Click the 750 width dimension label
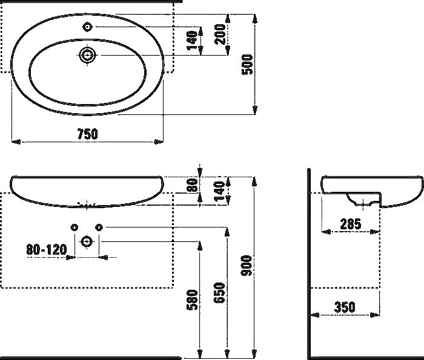click(87, 134)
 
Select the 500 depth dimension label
click(247, 63)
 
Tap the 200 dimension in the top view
click(221, 36)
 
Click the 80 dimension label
click(193, 185)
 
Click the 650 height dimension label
click(220, 294)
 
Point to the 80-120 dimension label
click(46, 249)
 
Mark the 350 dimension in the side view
click(345, 307)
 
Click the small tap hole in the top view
click(87, 27)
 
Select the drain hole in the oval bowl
click(87, 56)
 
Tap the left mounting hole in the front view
click(74, 227)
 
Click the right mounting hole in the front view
click(100, 227)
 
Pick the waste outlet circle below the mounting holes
click(87, 241)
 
